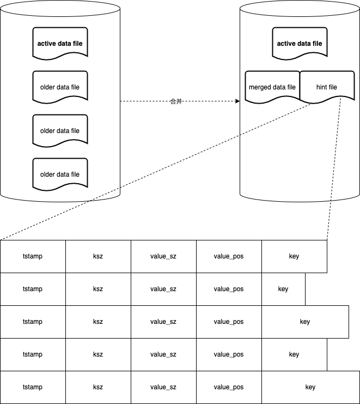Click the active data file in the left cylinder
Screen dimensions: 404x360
click(60, 44)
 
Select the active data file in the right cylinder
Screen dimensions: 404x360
click(300, 44)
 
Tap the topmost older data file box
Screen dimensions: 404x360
click(60, 87)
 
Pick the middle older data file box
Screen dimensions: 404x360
click(60, 131)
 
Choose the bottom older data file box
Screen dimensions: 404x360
click(60, 174)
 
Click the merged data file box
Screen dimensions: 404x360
click(272, 87)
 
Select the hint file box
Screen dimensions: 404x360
click(327, 87)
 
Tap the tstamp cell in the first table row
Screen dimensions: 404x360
click(33, 256)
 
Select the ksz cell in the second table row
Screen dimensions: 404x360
click(98, 289)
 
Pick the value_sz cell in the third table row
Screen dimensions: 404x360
click(163, 322)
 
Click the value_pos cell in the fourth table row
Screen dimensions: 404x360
click(229, 354)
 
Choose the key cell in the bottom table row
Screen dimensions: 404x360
click(310, 387)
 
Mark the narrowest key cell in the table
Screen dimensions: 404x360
click(283, 289)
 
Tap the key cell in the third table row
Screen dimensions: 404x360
click(305, 322)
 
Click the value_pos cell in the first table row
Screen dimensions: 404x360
click(229, 256)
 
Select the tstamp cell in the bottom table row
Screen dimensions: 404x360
click(33, 387)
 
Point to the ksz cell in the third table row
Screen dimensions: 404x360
click(98, 322)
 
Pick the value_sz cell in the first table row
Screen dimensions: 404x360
click(163, 256)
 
